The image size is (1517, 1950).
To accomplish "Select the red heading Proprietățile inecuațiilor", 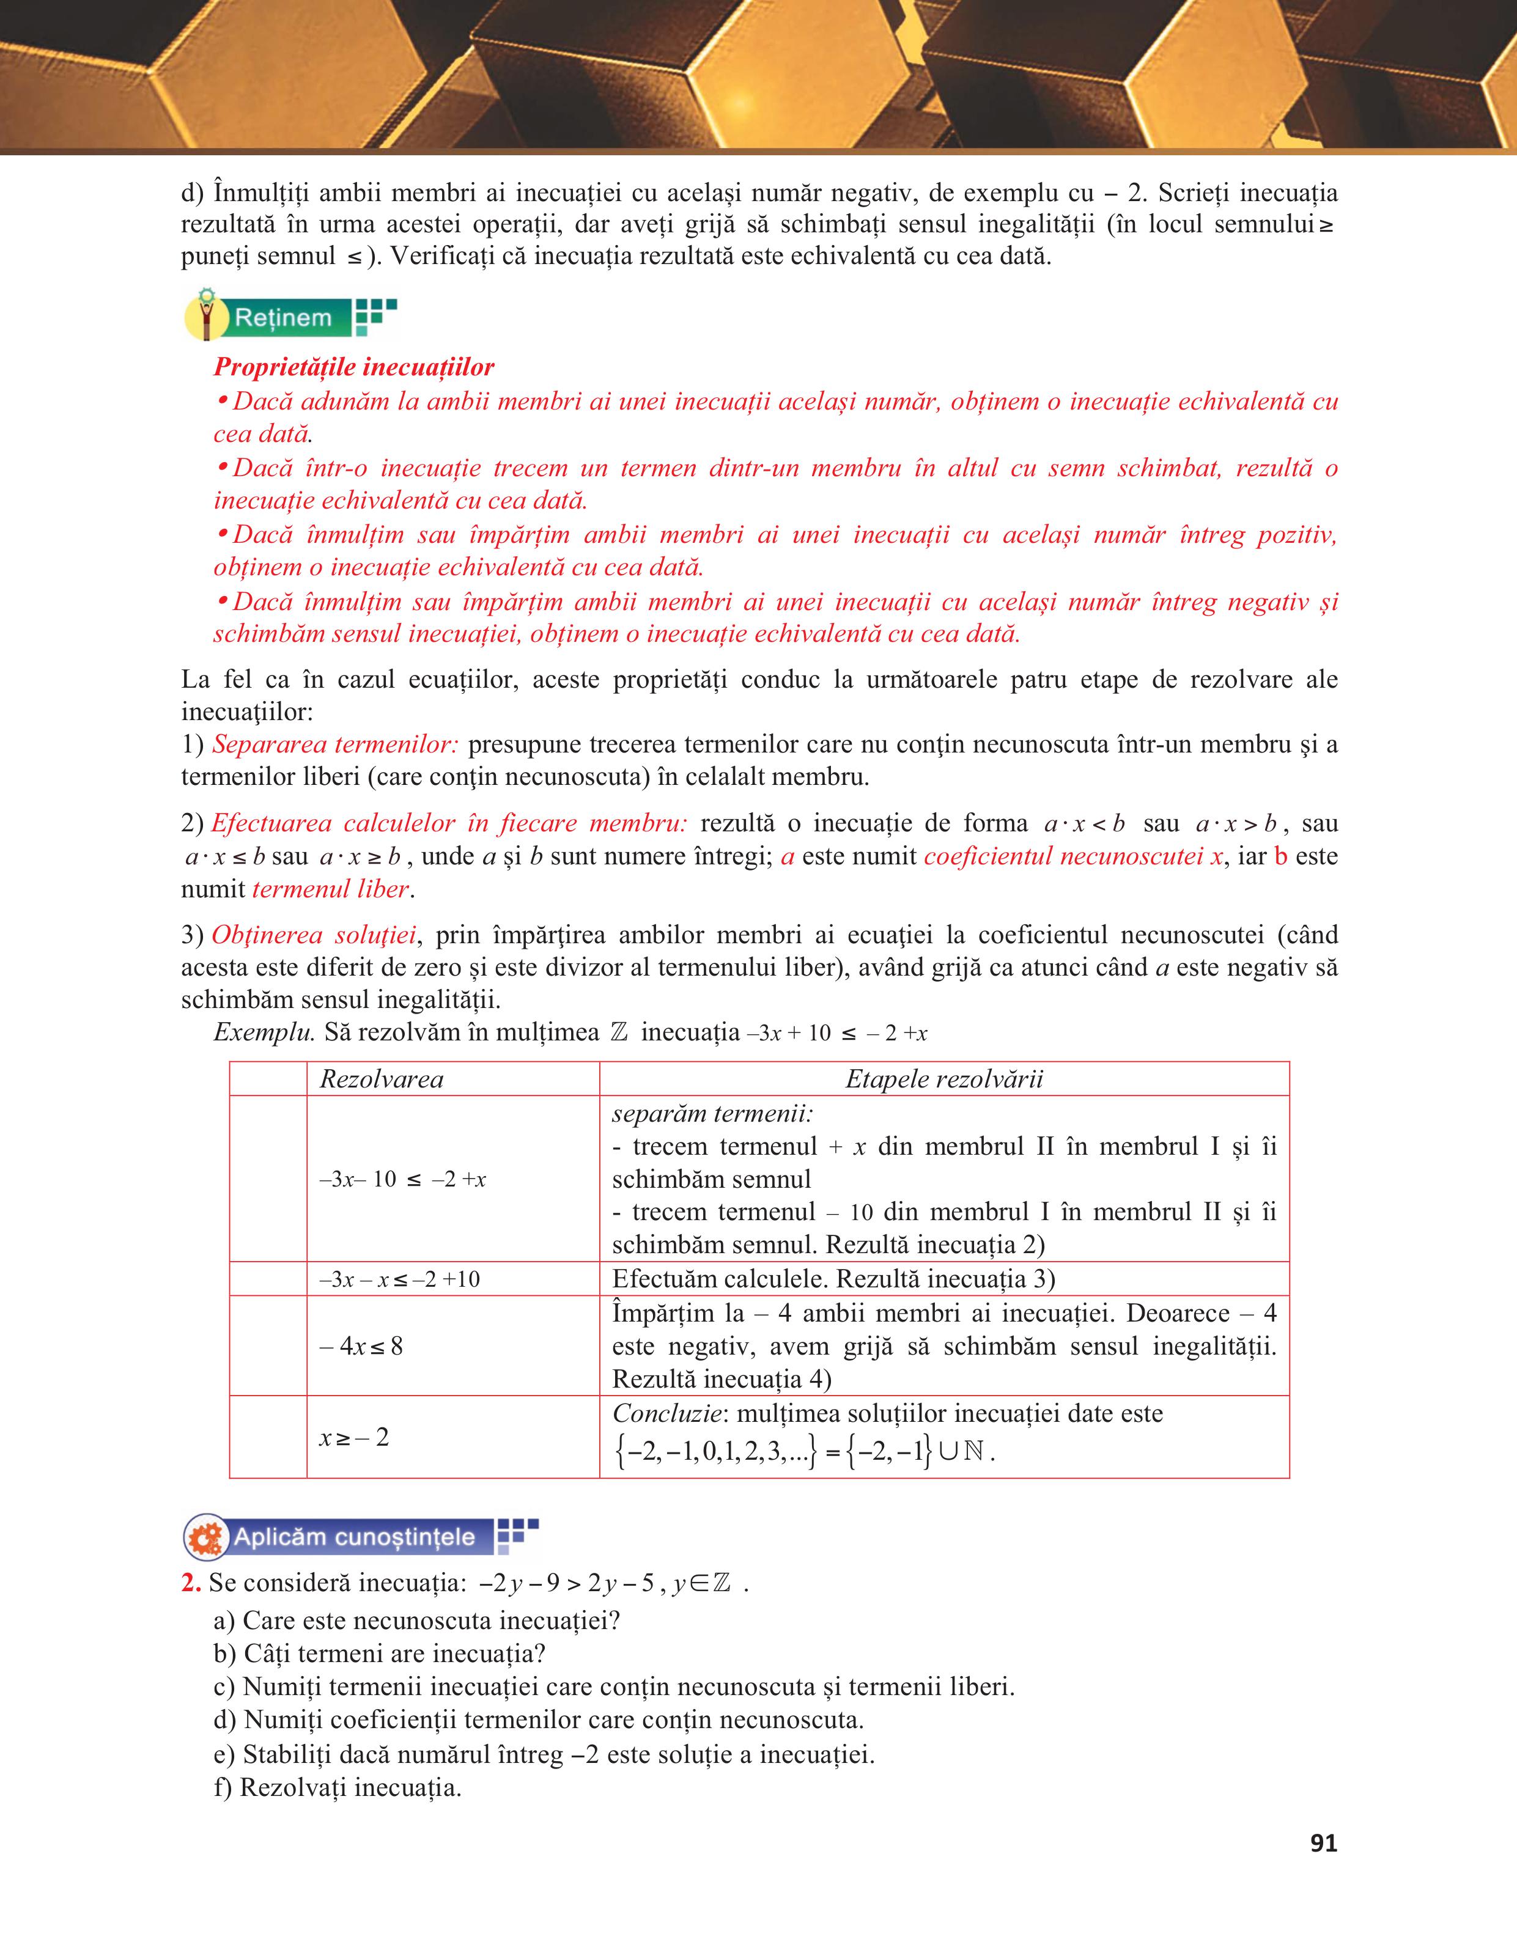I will click(353, 367).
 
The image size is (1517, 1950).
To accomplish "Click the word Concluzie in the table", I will click(666, 1413).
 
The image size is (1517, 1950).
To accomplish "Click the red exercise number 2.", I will click(190, 1583).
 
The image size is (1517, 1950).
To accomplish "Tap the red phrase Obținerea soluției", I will click(314, 935).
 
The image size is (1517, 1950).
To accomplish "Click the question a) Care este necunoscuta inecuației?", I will click(417, 1620).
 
